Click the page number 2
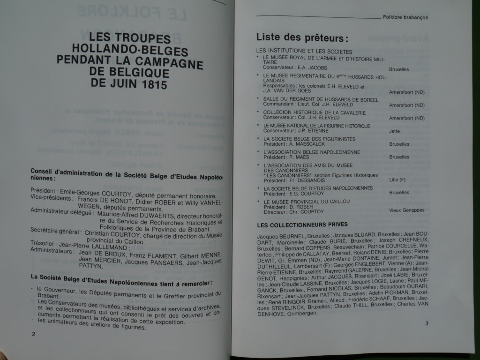33,334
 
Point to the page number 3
427,323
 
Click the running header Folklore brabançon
405,17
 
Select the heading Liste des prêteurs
302,37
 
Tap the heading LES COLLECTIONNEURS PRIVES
302,225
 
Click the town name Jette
395,132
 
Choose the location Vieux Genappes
407,210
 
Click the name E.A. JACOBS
314,67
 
